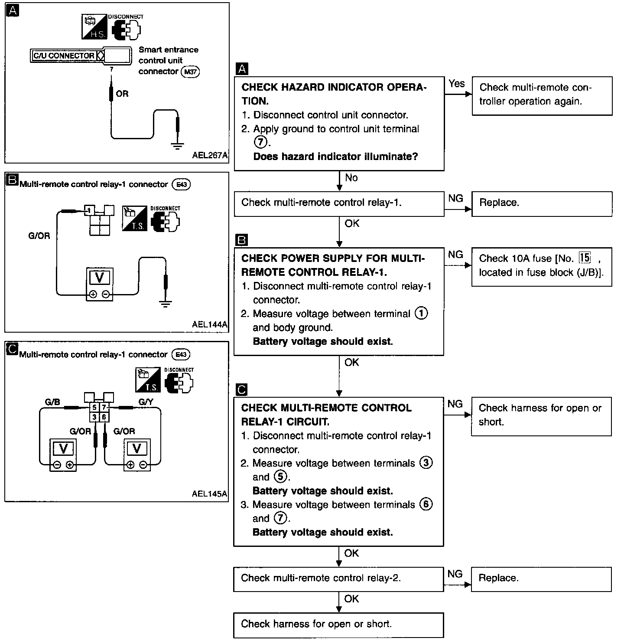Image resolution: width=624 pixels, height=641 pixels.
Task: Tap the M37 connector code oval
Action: pyautogui.click(x=190, y=72)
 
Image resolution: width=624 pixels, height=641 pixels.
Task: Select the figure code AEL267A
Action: pyautogui.click(x=210, y=155)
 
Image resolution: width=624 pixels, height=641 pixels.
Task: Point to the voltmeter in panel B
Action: pyautogui.click(x=99, y=284)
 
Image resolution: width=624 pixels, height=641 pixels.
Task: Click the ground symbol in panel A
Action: pyautogui.click(x=177, y=145)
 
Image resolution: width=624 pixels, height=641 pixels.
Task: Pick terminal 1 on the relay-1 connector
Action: pyautogui.click(x=89, y=210)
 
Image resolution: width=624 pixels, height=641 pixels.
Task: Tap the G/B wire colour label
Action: pyautogui.click(x=53, y=402)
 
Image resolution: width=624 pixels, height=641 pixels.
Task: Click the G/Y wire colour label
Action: pyautogui.click(x=146, y=402)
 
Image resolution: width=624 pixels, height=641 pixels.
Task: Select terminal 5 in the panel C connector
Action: pyautogui.click(x=94, y=408)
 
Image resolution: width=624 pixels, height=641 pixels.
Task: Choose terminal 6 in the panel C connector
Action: pyautogui.click(x=104, y=417)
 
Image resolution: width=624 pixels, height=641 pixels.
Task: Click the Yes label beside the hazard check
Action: pyautogui.click(x=456, y=84)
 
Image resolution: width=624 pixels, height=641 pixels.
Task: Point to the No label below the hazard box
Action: pyautogui.click(x=351, y=177)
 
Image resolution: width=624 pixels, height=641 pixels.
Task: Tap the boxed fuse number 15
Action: pyautogui.click(x=585, y=258)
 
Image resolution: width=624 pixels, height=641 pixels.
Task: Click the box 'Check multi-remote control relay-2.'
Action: pyautogui.click(x=339, y=579)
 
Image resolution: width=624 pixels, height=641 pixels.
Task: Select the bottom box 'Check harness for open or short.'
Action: pyautogui.click(x=339, y=625)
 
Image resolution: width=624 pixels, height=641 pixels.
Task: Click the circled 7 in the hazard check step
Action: pyautogui.click(x=260, y=142)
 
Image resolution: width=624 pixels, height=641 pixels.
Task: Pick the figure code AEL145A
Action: pyautogui.click(x=209, y=494)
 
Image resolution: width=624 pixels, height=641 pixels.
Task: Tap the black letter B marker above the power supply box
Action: pyautogui.click(x=242, y=240)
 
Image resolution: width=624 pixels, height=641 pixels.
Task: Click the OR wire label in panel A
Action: pyautogui.click(x=122, y=94)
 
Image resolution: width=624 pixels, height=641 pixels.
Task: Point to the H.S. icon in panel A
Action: pyautogui.click(x=94, y=27)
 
